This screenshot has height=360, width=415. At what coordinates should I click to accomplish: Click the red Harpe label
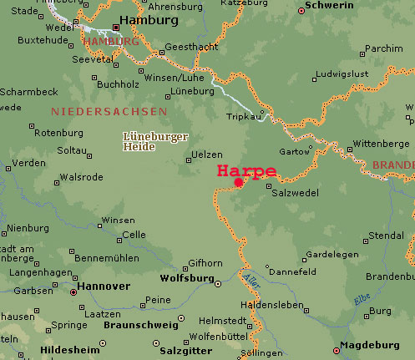click(246, 170)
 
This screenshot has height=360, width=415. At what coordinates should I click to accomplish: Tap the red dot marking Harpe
click(239, 182)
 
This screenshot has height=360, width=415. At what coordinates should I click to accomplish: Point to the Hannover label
click(103, 286)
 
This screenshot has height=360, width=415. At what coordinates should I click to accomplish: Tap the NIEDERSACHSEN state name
click(109, 111)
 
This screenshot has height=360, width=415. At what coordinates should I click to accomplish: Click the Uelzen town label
click(207, 155)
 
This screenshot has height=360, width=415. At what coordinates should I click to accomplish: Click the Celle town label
click(133, 235)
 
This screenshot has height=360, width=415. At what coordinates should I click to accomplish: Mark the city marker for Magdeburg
click(337, 351)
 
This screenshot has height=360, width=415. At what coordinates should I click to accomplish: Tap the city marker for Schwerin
click(302, 12)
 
